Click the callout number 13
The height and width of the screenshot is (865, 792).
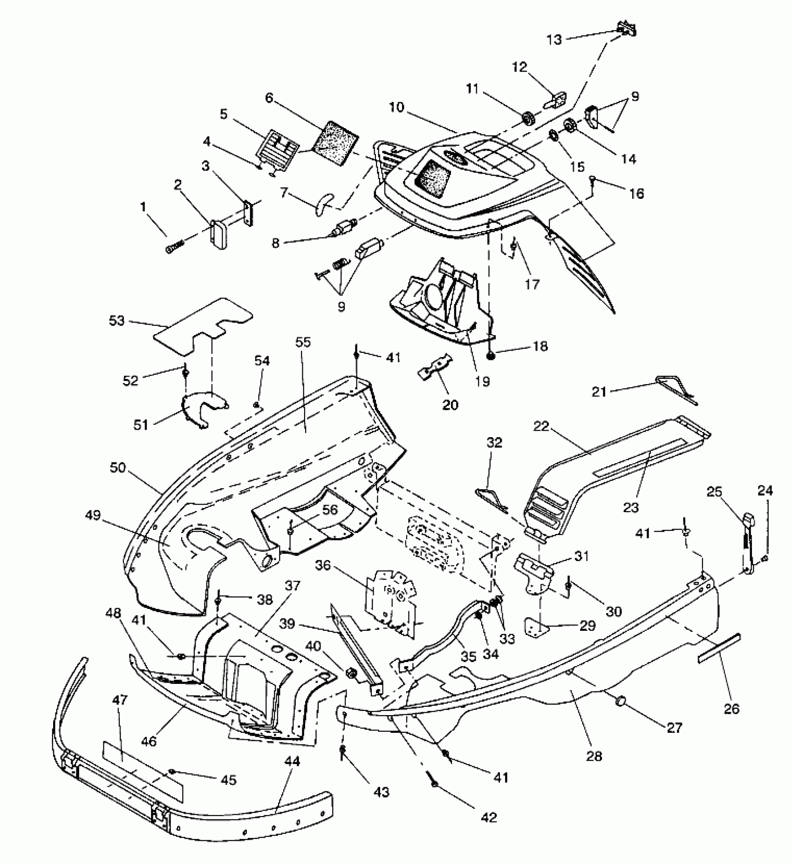click(554, 40)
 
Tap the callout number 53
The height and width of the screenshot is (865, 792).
click(116, 321)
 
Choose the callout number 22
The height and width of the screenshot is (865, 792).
click(542, 426)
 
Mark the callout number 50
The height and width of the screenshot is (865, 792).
click(118, 467)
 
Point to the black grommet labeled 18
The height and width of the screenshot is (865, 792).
click(491, 356)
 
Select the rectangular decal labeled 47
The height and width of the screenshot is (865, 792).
click(142, 768)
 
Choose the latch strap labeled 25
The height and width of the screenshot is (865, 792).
click(748, 540)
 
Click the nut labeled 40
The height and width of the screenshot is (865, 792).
click(351, 673)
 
